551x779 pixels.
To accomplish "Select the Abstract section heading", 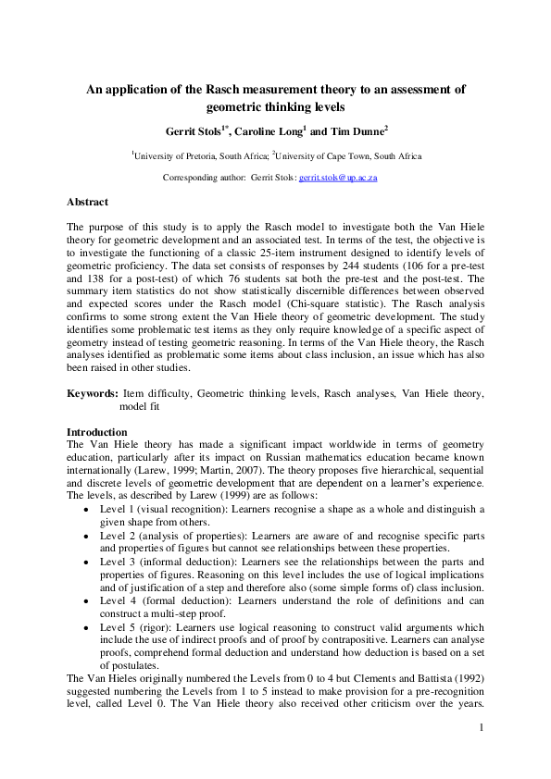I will tap(87, 202).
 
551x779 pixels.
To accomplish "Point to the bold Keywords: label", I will tap(92, 393).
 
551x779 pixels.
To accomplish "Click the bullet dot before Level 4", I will tap(86, 600).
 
